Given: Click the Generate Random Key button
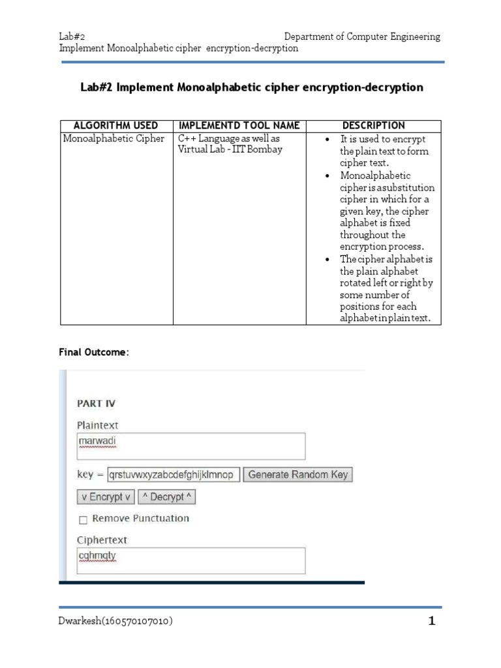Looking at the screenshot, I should click(297, 475).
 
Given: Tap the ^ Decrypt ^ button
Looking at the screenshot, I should click(168, 497).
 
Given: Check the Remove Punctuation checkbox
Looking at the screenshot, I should click(83, 520).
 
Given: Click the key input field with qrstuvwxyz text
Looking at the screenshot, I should click(173, 475).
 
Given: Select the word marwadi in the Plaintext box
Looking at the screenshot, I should click(97, 441).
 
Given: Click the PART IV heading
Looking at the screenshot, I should click(97, 404).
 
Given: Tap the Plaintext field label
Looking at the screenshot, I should click(98, 425).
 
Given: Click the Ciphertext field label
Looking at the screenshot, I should click(102, 540).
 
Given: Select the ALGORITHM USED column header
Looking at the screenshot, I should click(116, 125).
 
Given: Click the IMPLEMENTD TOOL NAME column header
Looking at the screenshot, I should click(239, 125).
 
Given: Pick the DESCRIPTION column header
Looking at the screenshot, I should click(374, 125).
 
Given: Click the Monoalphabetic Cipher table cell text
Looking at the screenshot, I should click(114, 139).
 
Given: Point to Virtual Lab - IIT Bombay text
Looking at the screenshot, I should click(230, 149).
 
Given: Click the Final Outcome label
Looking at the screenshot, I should click(94, 352).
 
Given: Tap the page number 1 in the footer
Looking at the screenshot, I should click(431, 622).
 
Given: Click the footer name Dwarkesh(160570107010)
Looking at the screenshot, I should click(115, 622).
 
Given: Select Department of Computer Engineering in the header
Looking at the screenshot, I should click(362, 37).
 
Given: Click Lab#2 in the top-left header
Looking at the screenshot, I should click(72, 37).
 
